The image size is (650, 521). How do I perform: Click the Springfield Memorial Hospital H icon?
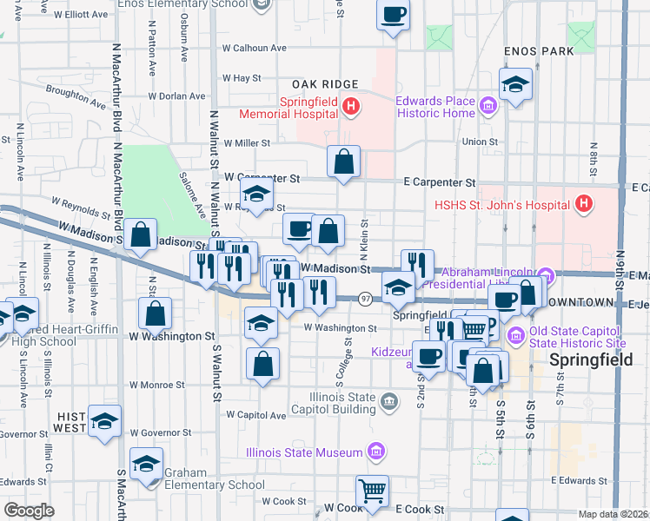point(350,108)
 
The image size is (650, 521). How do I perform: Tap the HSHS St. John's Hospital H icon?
point(584,205)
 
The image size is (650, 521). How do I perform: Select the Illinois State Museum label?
point(303,452)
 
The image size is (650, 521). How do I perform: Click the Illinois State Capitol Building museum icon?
point(389,400)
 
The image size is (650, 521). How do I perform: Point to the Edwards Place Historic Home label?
point(435,107)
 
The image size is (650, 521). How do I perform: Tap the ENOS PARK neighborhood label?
point(539,51)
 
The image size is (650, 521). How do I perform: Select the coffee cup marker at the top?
point(394,15)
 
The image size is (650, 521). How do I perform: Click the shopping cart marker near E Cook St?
point(372,491)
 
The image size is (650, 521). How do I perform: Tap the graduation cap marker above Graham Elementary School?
point(146,463)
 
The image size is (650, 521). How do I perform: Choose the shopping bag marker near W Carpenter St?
point(344,161)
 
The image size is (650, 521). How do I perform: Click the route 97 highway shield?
point(366,299)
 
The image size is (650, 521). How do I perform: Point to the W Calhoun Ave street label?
point(255,49)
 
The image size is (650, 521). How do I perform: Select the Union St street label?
point(480,142)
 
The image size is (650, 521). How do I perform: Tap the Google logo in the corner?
point(30,511)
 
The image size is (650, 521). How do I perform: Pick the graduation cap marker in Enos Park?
point(515,85)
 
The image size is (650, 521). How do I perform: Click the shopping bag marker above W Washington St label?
point(155,313)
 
